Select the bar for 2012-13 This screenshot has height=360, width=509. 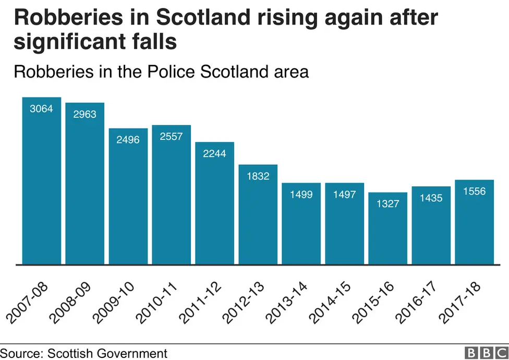(x=258, y=214)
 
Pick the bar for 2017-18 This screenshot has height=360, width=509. (x=475, y=222)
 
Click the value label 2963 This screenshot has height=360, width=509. (x=84, y=114)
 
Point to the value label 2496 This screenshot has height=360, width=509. (x=128, y=139)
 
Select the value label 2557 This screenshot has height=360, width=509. (x=171, y=136)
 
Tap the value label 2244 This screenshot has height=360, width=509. (x=214, y=153)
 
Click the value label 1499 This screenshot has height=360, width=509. (x=301, y=194)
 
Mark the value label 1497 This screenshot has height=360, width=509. (x=345, y=194)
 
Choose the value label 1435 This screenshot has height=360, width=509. (x=431, y=198)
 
